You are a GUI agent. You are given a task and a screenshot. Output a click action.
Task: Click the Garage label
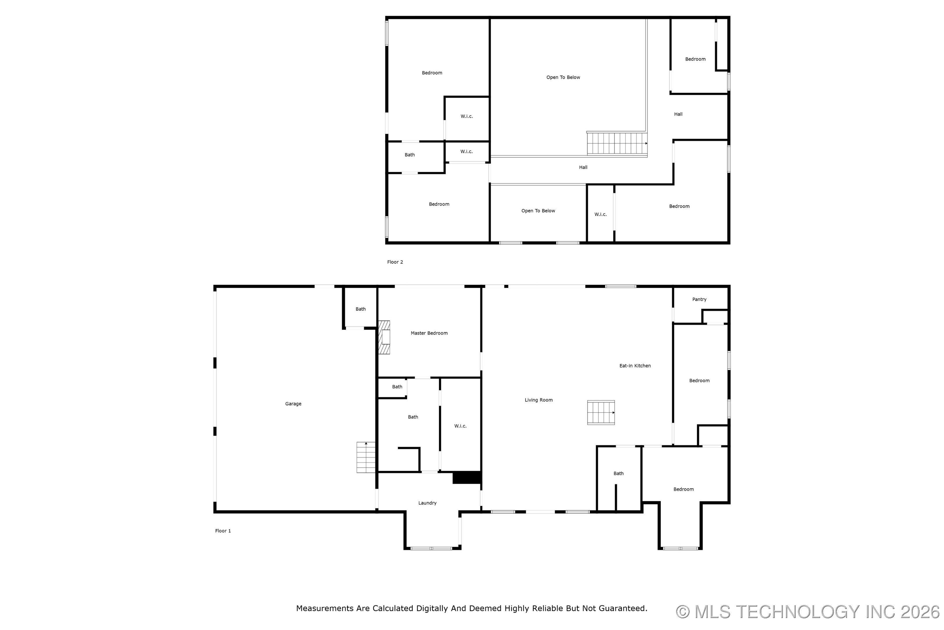pos(293,404)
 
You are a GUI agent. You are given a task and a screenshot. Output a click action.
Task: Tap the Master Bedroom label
pos(429,333)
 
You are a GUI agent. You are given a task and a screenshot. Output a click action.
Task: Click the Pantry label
pos(699,299)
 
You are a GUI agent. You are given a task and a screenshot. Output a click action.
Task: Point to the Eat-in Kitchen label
pos(635,366)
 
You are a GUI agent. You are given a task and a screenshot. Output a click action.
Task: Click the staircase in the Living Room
pos(601,413)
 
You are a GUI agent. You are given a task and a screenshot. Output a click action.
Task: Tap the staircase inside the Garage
pos(366,457)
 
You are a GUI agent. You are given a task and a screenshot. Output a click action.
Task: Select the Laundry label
pos(427,503)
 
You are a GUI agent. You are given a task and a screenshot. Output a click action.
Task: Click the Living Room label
pos(539,400)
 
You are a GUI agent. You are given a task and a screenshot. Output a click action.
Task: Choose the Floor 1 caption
pos(223,531)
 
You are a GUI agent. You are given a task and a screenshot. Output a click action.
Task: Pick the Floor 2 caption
pos(395,262)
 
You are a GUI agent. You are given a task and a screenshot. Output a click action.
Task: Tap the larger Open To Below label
pos(563,77)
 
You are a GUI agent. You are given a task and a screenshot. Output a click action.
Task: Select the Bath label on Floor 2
pos(409,155)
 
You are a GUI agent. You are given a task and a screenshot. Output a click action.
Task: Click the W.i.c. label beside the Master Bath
pos(460,426)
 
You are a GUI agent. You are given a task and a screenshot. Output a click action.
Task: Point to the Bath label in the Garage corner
pos(360,309)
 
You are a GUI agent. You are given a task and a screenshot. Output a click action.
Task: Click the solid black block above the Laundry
pos(467,477)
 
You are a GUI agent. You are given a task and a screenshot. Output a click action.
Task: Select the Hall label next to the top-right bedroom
pos(678,114)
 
